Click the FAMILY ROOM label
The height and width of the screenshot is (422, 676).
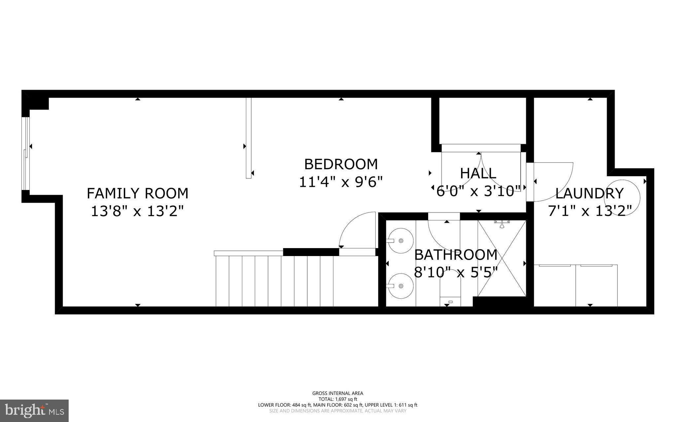click(x=137, y=193)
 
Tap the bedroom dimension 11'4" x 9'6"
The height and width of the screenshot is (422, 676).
click(x=341, y=182)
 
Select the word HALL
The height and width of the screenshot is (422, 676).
click(x=478, y=174)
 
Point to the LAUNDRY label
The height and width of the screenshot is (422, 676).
click(x=590, y=194)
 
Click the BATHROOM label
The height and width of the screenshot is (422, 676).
click(x=456, y=255)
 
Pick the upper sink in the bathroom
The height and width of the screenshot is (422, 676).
click(x=401, y=241)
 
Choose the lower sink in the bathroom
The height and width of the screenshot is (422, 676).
click(x=401, y=286)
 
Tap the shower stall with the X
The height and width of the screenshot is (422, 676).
click(x=502, y=258)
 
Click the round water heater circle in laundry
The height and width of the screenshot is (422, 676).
click(x=622, y=197)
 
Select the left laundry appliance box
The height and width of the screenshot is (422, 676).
click(x=555, y=285)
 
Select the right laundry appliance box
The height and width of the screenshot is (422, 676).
click(x=596, y=285)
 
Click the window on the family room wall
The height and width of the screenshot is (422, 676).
click(x=26, y=154)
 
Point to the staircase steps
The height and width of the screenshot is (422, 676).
click(x=274, y=280)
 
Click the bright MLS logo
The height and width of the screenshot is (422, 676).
click(x=34, y=410)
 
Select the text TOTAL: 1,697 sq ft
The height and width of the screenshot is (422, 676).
click(x=338, y=399)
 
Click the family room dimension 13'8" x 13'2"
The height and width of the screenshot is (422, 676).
click(x=137, y=211)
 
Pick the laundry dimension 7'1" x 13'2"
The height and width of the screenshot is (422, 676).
click(x=590, y=211)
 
